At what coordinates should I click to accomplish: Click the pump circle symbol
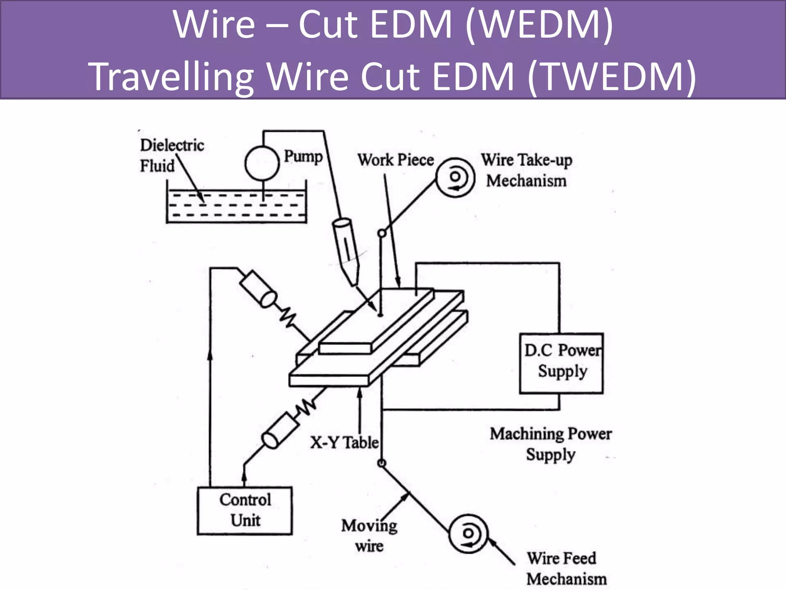coord(262,163)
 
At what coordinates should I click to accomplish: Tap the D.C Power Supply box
coord(561,363)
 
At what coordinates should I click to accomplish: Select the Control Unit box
coord(245,510)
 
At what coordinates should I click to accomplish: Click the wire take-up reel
coord(455,177)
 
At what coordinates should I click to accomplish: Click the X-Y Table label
coord(344,442)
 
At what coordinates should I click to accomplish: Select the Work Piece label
coord(395,160)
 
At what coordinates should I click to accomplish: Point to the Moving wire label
coord(369,535)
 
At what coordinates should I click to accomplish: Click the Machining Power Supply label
coord(551,444)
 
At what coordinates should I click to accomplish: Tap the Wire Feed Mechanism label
coord(566,568)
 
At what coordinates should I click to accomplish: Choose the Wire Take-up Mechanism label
coord(527,170)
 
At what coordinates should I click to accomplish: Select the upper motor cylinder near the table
coord(258,288)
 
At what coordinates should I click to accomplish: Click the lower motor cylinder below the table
coord(280,430)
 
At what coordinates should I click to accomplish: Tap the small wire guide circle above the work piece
coord(381,233)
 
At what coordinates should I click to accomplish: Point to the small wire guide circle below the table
coord(381,463)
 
